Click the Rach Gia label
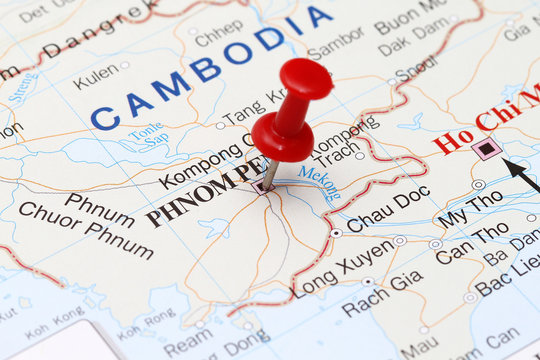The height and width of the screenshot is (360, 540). [x=382, y=293]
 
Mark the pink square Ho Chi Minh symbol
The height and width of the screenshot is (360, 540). [x=487, y=149]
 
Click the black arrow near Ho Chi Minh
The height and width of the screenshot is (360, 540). [x=521, y=174]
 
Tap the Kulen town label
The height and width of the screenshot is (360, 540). [x=95, y=75]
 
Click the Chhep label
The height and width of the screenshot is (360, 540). [x=219, y=32]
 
